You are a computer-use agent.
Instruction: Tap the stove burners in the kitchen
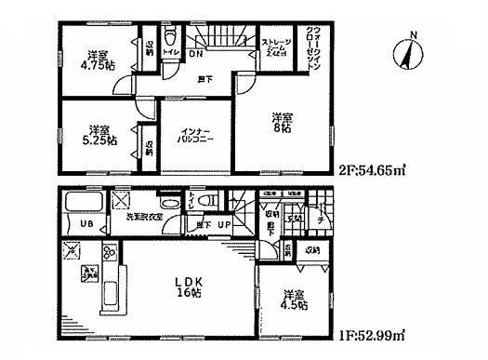click(109, 253)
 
